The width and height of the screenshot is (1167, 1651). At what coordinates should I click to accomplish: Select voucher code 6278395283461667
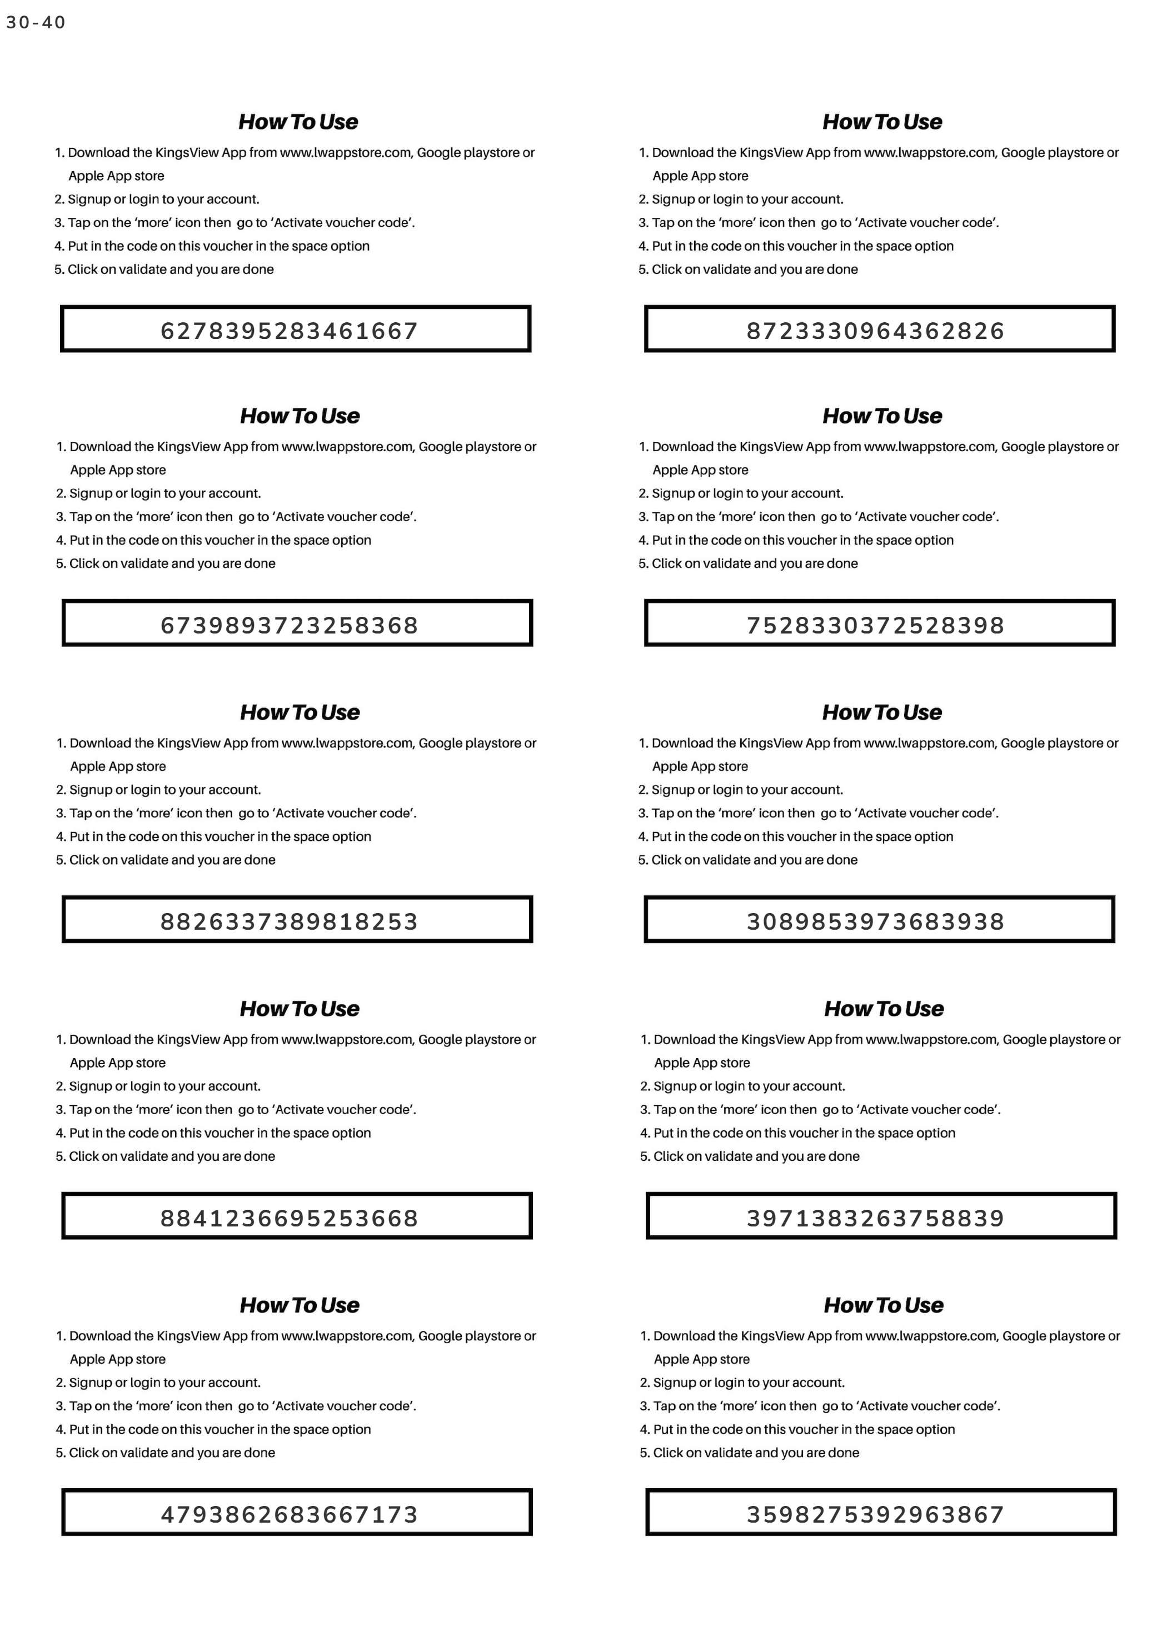[x=289, y=331]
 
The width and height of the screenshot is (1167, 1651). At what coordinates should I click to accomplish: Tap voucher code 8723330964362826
[x=875, y=331]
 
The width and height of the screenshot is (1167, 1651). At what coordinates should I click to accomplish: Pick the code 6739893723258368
[x=289, y=625]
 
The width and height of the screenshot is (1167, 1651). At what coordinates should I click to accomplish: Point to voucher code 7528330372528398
[x=875, y=625]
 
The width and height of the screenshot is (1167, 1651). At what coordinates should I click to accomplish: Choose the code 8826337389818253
[x=289, y=921]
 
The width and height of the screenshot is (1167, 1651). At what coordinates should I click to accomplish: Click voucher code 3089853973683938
[x=875, y=921]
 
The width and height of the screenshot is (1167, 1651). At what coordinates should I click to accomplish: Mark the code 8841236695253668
[x=289, y=1218]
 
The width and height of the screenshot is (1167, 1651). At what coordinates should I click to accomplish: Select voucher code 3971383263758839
[x=875, y=1218]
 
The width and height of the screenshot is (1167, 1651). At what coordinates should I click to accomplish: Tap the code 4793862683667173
[x=289, y=1514]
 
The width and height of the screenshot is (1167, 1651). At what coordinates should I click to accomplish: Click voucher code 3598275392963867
[x=875, y=1514]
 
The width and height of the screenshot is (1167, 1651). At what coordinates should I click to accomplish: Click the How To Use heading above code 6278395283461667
[x=298, y=122]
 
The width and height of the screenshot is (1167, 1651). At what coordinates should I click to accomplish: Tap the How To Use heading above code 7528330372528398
[x=882, y=416]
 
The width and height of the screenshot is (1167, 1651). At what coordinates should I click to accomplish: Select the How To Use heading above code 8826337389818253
[x=300, y=712]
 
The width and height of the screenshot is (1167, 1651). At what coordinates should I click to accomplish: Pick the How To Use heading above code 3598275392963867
[x=884, y=1305]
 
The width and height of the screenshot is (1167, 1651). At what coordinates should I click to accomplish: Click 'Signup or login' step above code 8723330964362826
[x=748, y=199]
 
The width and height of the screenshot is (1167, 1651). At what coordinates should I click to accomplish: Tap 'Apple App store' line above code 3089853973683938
[x=700, y=766]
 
